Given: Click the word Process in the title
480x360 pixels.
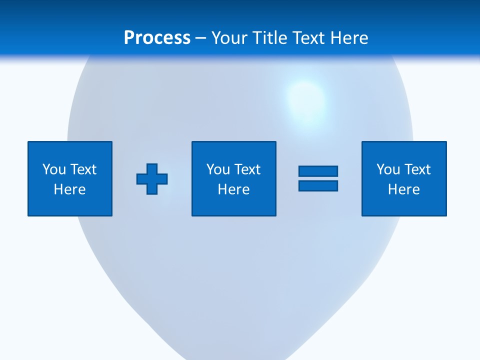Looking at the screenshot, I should coord(157,38).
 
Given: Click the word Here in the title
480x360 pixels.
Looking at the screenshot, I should coord(350,38).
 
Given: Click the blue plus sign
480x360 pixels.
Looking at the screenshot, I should coord(152,179).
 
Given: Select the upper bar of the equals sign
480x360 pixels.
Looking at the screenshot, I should coord(318,171).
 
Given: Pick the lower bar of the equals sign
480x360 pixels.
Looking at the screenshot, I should coord(318,186).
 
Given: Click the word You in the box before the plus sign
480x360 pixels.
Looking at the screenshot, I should coord(53,169).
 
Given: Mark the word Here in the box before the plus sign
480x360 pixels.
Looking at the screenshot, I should coord(70,189).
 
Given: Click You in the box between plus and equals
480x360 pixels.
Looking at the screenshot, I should coord(217,169).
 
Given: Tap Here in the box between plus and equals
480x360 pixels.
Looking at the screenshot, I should coord(234,189).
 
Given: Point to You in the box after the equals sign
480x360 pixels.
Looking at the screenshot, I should coord(387,169).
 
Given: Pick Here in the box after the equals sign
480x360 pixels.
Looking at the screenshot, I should coord(404,189).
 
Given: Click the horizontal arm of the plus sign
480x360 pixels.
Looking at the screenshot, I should coord(142,179).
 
